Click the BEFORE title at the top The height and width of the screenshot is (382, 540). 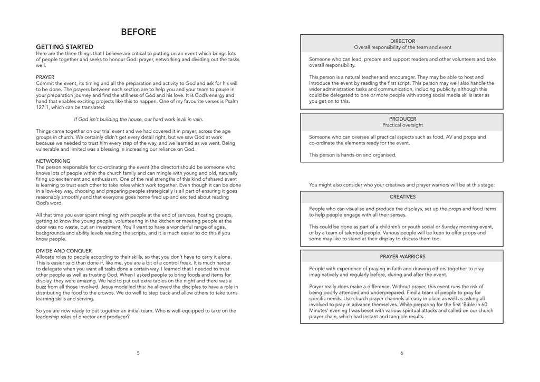coord(138,32)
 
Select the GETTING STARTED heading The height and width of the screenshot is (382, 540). coord(64,47)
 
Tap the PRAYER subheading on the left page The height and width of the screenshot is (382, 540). coord(45,77)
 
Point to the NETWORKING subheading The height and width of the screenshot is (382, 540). coord(53,161)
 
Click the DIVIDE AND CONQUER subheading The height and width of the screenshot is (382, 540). coord(64,250)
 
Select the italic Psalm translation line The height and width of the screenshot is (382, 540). coord(138,119)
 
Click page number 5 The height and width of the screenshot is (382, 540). coord(138,353)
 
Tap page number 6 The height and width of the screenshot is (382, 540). coord(402,353)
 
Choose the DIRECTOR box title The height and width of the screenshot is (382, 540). coord(402,41)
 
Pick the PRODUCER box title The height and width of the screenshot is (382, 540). coord(402,119)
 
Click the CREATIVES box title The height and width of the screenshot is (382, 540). coord(402,197)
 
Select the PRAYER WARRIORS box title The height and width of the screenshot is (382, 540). coord(402,257)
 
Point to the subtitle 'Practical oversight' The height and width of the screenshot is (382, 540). coord(402,125)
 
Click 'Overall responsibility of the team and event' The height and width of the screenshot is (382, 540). coord(402,47)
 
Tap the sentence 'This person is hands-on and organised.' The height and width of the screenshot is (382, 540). coord(352,155)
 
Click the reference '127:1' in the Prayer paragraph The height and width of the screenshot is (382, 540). coord(44,107)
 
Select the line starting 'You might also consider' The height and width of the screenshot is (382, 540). coord(402,184)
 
